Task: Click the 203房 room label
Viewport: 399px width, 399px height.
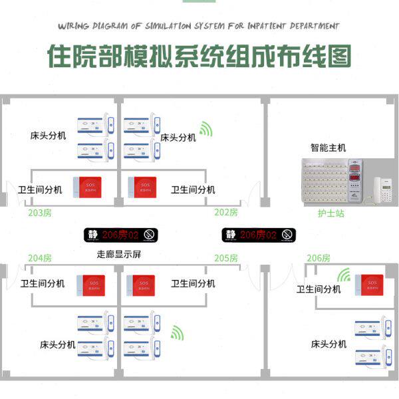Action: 40,213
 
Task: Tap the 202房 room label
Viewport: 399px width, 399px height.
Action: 226,212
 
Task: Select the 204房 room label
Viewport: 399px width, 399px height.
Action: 40,258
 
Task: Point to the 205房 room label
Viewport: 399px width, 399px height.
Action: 226,258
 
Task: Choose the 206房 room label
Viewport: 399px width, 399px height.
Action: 319,258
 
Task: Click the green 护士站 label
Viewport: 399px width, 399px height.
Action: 330,214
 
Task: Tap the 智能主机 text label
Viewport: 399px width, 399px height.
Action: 328,148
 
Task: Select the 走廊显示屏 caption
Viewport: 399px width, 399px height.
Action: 119,254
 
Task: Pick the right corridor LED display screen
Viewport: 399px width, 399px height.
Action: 259,235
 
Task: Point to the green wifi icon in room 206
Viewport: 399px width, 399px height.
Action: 344,275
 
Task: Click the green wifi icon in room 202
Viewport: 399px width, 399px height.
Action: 207,128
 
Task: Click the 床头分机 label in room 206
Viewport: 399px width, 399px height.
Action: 329,344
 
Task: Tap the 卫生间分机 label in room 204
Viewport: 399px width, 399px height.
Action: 43,283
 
